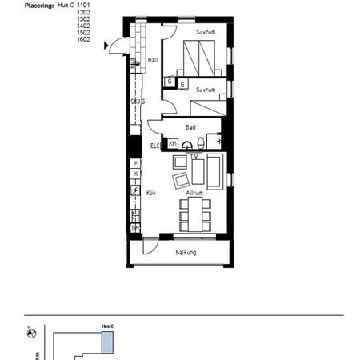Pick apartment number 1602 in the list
pos(83,38)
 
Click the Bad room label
pos(190,127)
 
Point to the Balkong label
pos(186,253)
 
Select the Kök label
pos(150,193)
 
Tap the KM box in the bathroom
pos(172,143)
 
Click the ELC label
pos(155,145)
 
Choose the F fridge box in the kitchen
pos(136,163)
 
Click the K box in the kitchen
pos(136,174)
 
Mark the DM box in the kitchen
pos(135,228)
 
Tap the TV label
pos(194,157)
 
